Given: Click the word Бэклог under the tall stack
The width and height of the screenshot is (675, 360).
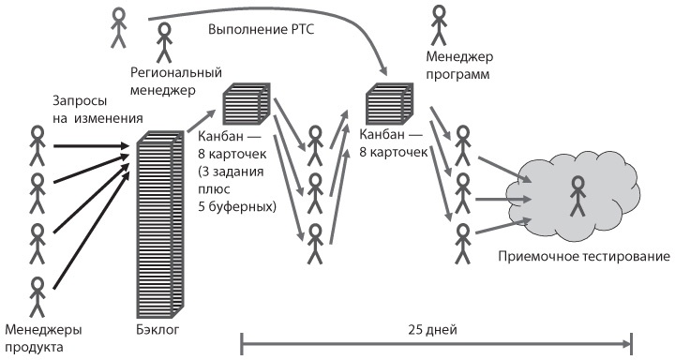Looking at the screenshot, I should point(157,330).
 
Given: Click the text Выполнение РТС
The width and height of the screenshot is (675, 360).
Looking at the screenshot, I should point(262,29).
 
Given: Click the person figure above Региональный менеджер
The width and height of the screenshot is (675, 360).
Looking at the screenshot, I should point(165,40).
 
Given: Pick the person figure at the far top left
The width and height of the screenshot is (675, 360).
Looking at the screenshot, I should point(117,27).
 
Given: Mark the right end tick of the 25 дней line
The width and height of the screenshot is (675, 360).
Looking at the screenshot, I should point(632,343).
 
